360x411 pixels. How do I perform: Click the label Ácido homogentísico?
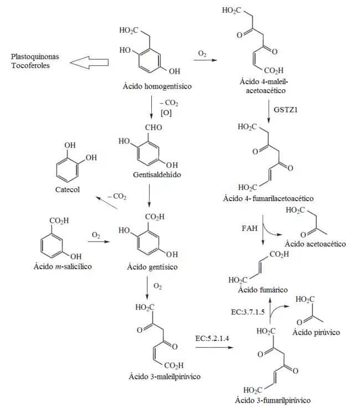click(x=153, y=86)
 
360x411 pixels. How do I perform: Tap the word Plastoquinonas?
click(x=36, y=57)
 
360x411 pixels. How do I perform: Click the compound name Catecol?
click(x=68, y=189)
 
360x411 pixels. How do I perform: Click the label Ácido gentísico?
click(x=152, y=266)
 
